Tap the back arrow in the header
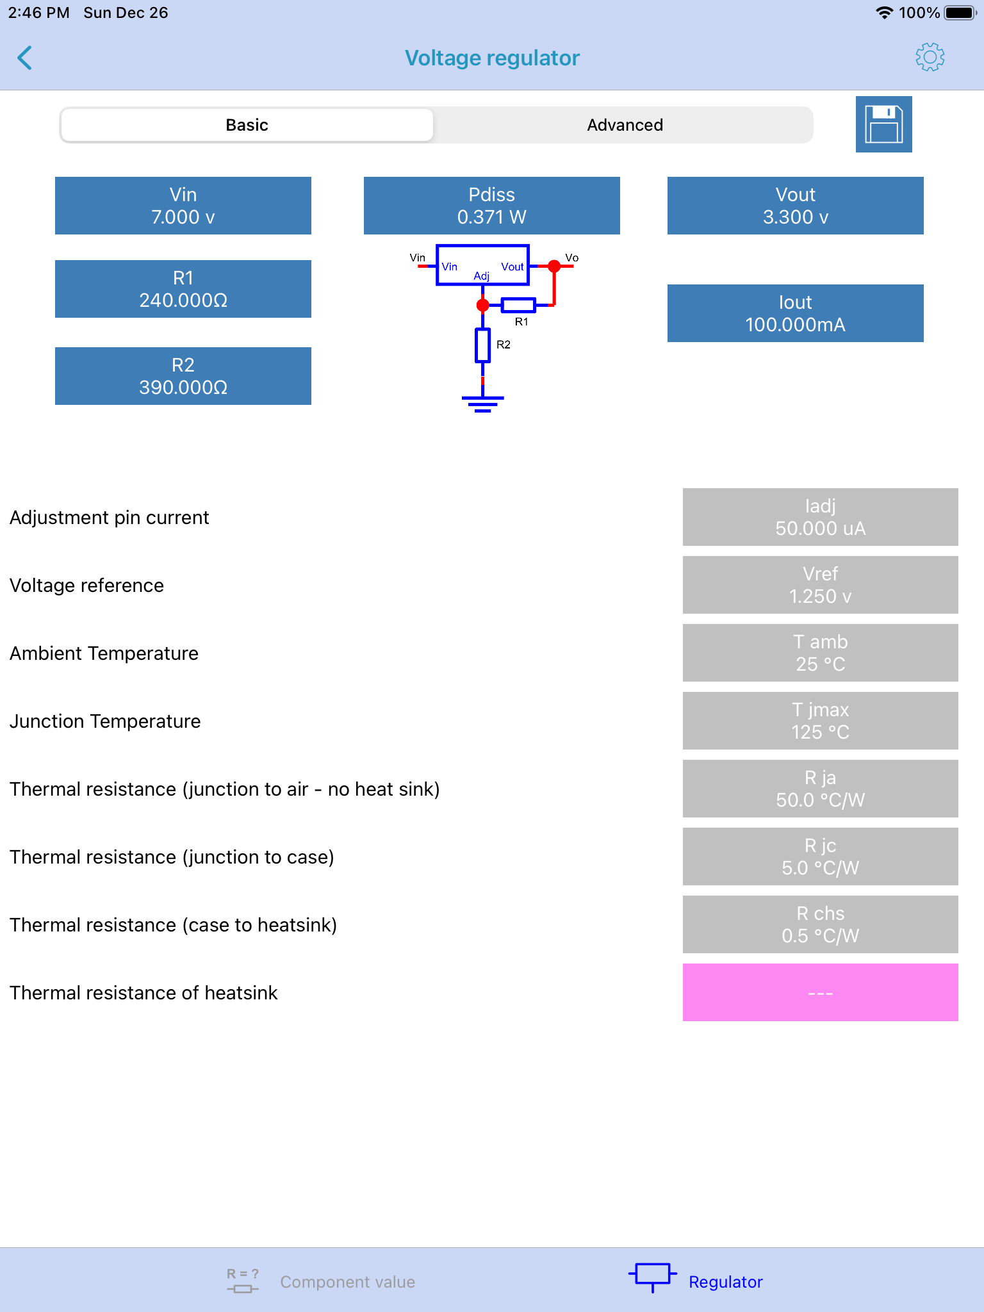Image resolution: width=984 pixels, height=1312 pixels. (x=24, y=58)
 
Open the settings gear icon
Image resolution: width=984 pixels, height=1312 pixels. (x=930, y=58)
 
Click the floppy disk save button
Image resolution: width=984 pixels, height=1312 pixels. (x=883, y=124)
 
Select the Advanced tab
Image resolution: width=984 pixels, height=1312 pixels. (x=625, y=125)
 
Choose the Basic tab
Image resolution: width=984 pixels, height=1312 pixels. (x=247, y=125)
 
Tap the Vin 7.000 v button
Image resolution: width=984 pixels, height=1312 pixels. (x=183, y=206)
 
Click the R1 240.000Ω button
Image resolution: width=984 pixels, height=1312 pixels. (x=183, y=289)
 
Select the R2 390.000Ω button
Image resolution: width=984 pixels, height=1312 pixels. (x=183, y=376)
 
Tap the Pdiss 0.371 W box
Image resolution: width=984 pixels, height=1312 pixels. (x=492, y=206)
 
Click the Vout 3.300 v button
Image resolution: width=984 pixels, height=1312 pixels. (x=796, y=206)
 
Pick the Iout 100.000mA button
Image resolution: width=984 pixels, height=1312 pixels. (x=796, y=313)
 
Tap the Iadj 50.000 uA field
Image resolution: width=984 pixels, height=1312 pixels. (x=821, y=517)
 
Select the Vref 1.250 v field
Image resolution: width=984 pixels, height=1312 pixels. (x=821, y=585)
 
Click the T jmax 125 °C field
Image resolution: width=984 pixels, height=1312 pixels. (x=821, y=721)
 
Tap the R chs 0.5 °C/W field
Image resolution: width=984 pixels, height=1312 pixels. (x=821, y=924)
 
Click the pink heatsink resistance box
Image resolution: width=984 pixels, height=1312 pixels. (x=821, y=992)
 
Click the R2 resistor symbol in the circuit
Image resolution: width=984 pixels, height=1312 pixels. (x=482, y=345)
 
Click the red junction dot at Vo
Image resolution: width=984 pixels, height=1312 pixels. (x=554, y=266)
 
